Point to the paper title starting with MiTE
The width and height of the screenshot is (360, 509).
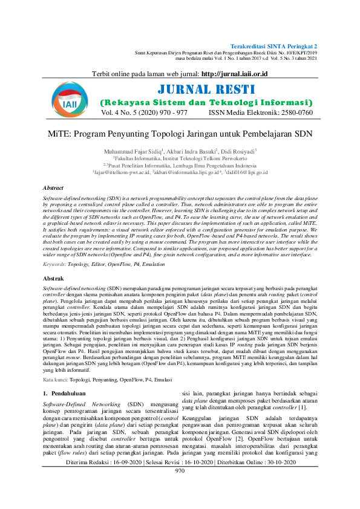coord(180,132)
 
